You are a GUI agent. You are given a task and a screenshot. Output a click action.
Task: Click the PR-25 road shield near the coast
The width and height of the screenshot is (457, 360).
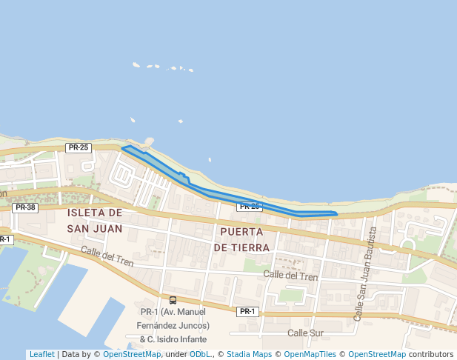click(x=78, y=147)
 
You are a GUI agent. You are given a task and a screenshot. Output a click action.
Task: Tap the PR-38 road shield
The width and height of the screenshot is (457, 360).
click(x=25, y=207)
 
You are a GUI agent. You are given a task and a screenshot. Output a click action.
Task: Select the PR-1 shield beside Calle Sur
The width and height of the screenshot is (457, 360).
click(x=247, y=312)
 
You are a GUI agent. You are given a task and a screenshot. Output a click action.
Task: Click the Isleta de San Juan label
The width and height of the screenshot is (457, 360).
click(x=94, y=220)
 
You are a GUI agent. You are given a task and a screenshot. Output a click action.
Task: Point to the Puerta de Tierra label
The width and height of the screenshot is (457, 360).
click(x=241, y=239)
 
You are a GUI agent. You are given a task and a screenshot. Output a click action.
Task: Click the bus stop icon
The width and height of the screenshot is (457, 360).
click(x=173, y=300)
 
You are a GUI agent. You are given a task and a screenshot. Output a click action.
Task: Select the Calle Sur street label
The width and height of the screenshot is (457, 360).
click(x=306, y=333)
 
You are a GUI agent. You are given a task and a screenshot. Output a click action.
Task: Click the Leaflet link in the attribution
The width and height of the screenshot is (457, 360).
click(x=41, y=355)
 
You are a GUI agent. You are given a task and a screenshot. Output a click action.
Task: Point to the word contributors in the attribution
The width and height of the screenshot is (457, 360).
click(x=431, y=355)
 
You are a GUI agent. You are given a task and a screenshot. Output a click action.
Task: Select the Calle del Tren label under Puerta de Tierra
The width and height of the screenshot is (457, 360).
click(x=290, y=276)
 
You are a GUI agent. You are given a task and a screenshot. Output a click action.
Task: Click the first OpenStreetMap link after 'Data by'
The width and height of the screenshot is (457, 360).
click(x=132, y=355)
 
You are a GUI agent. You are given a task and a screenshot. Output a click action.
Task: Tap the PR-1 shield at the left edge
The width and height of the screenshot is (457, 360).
click(x=4, y=239)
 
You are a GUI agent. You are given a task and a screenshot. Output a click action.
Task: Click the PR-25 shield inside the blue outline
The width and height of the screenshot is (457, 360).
click(x=250, y=206)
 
